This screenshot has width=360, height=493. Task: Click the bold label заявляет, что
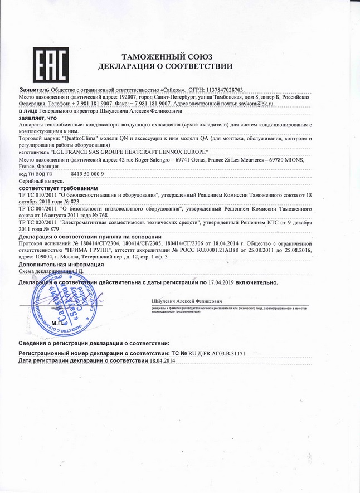point(38,118)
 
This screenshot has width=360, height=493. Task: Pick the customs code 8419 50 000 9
point(87,174)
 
